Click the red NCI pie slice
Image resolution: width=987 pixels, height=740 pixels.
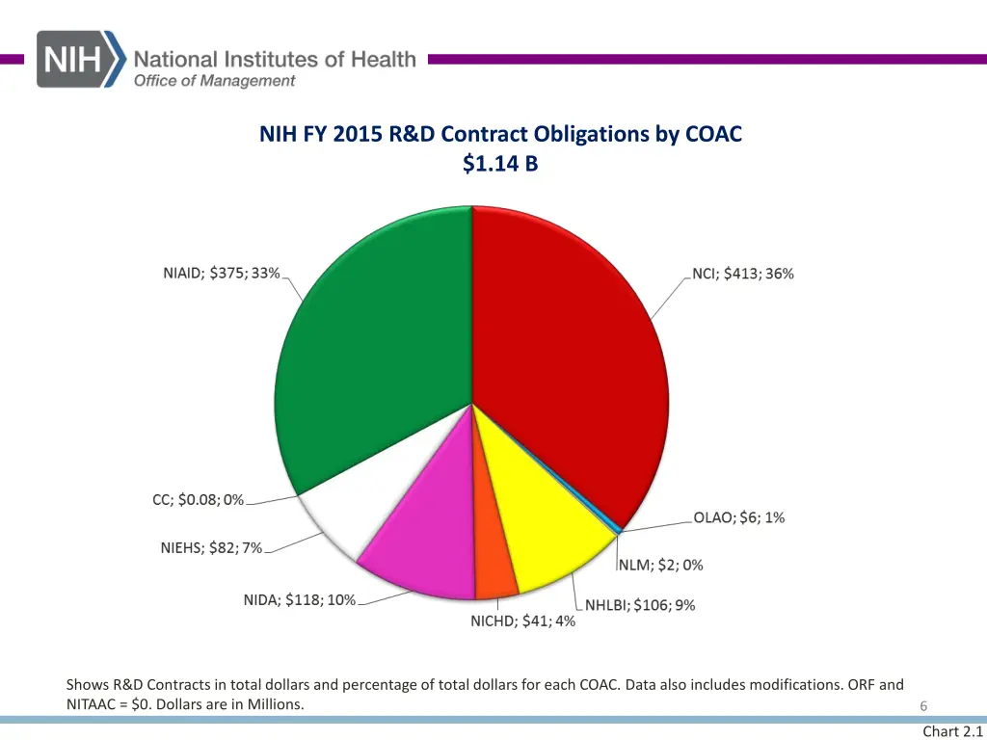(569, 357)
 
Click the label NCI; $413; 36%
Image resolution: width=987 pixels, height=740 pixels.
(743, 274)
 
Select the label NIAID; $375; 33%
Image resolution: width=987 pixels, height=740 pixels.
(221, 273)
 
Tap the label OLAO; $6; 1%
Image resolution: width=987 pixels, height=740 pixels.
(738, 517)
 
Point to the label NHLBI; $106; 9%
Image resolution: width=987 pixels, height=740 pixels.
(640, 605)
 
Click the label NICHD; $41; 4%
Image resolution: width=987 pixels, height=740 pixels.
(522, 621)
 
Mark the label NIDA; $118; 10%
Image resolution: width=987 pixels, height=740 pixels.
(299, 600)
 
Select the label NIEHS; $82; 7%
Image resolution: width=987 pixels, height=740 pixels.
(211, 548)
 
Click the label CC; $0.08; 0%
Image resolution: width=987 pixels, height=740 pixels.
(198, 500)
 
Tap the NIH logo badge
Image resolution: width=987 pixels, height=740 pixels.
(81, 59)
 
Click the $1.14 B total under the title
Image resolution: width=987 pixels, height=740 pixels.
(500, 165)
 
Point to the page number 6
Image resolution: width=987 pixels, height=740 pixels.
(922, 706)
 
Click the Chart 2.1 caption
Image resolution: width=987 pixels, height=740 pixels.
(952, 731)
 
